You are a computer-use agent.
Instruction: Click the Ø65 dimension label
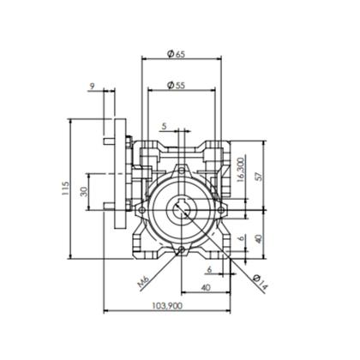[x=177, y=54]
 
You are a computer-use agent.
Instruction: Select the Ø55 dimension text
[x=177, y=85]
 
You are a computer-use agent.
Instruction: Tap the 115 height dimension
[x=65, y=188]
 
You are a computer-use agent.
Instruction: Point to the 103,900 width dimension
[x=167, y=306]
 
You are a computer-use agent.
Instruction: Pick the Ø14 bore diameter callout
[x=261, y=282]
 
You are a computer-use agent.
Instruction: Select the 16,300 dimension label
[x=241, y=170]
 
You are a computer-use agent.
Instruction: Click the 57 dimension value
[x=259, y=177]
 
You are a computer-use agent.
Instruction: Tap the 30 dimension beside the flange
[x=84, y=192]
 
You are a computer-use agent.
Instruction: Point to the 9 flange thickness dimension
[x=92, y=86]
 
